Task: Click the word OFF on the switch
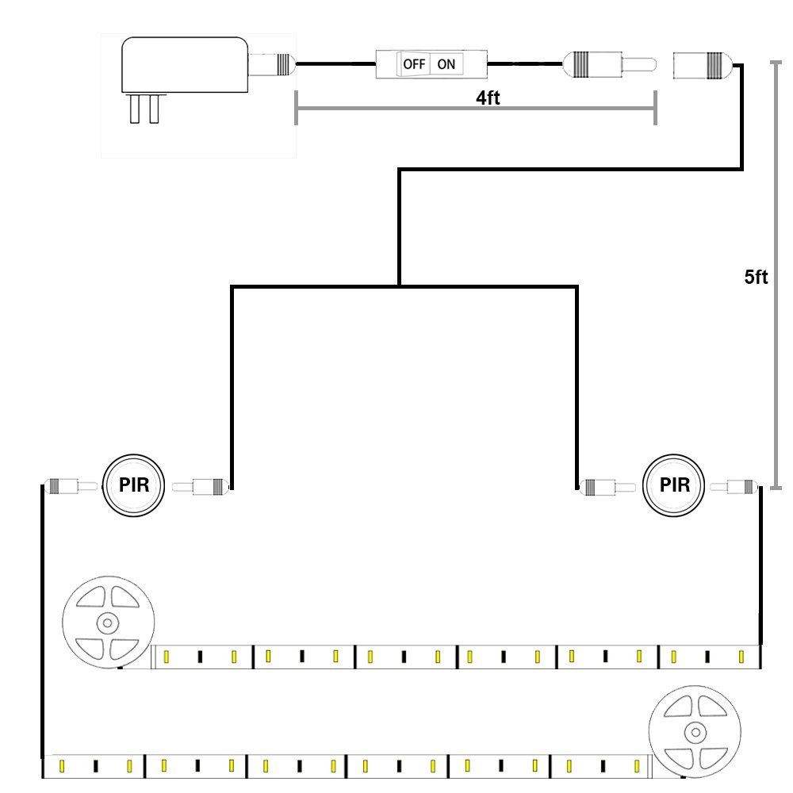(x=414, y=64)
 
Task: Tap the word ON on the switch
(x=446, y=64)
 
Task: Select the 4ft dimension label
(x=488, y=98)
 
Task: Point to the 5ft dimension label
(x=756, y=277)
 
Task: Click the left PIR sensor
(x=133, y=485)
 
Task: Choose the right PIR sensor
(x=673, y=485)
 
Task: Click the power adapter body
(x=185, y=65)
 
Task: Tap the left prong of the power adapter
(x=135, y=108)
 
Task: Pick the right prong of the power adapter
(x=155, y=108)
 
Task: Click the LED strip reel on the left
(x=108, y=622)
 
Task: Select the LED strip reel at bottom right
(x=695, y=732)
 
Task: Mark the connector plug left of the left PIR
(x=71, y=487)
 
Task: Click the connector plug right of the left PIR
(x=201, y=487)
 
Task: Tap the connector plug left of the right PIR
(x=607, y=488)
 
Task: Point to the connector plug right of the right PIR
(x=734, y=487)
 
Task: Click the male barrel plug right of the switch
(x=609, y=64)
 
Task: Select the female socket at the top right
(x=700, y=65)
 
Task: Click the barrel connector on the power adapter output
(x=271, y=64)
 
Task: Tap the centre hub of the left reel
(x=108, y=623)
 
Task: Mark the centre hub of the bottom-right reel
(x=695, y=732)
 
